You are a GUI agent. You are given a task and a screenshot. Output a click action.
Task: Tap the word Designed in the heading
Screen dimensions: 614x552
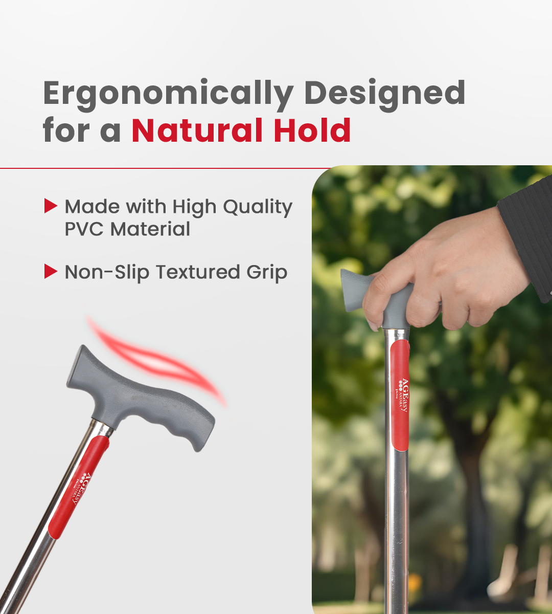(x=384, y=93)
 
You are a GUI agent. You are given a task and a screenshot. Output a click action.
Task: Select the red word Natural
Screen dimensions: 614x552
(x=198, y=130)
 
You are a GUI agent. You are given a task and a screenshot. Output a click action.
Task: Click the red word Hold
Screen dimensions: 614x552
(x=312, y=130)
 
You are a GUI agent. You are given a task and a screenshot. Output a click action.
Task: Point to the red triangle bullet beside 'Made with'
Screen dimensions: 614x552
(x=51, y=206)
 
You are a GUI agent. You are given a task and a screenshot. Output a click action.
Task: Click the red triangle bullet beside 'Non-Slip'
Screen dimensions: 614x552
(x=51, y=271)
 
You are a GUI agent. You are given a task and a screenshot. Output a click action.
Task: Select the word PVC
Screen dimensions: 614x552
(x=84, y=229)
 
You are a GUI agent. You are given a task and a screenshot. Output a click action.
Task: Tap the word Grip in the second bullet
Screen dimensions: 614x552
(x=267, y=273)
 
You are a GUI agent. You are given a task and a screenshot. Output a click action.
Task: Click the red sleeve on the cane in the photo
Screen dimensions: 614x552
(x=400, y=394)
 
